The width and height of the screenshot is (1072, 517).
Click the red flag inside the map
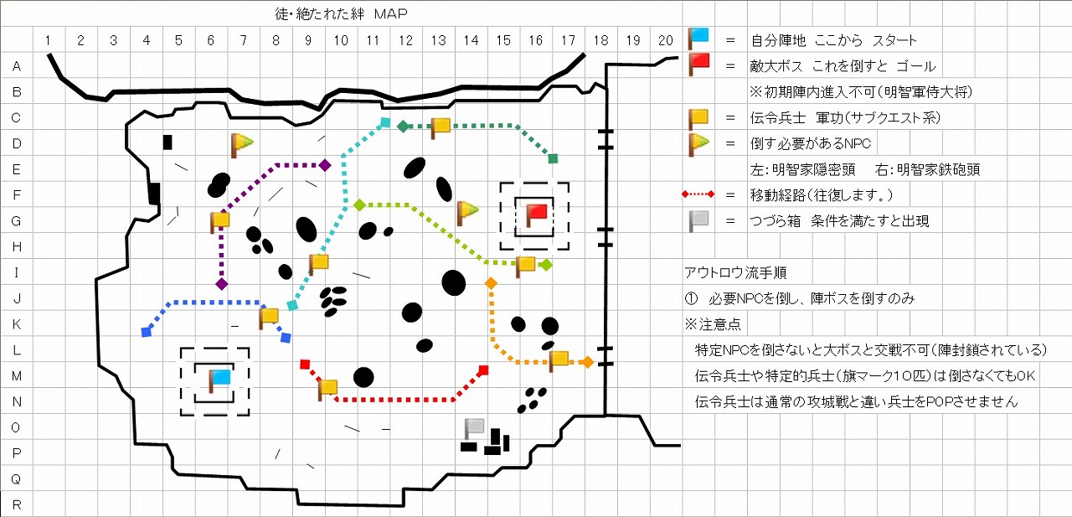[x=535, y=215]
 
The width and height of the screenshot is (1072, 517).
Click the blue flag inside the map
[x=219, y=380]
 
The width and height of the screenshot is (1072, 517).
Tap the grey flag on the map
[x=474, y=427]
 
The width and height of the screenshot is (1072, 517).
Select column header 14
[x=471, y=40]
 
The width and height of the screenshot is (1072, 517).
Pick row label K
[x=17, y=324]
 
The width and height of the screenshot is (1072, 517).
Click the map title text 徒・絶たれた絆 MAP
[x=341, y=14]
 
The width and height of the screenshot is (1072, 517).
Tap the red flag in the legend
[x=698, y=65]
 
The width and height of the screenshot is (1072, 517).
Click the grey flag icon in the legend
[x=698, y=220]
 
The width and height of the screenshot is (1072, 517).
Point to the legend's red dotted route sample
[x=698, y=194]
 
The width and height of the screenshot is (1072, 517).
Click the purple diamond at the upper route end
[x=325, y=166]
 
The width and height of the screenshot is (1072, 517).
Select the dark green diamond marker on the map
[x=404, y=127]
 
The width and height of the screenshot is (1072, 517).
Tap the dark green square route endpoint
[x=553, y=158]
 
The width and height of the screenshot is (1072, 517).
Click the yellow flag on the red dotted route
[x=327, y=389]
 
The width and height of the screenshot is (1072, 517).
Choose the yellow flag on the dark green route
[x=441, y=127]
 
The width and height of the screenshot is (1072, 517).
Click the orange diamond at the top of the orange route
[x=491, y=283]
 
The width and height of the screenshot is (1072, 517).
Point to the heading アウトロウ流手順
[x=735, y=272]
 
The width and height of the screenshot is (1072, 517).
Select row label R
[x=17, y=504]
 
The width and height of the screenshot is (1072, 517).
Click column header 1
[x=48, y=40]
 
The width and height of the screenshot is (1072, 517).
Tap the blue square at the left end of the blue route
[x=147, y=332]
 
